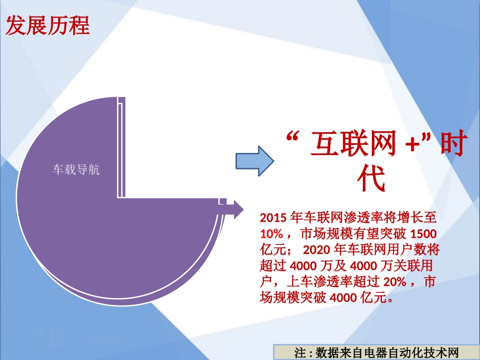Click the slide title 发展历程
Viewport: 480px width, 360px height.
(47, 26)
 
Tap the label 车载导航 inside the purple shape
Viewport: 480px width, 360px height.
(76, 170)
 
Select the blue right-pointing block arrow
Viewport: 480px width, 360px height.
(255, 161)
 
